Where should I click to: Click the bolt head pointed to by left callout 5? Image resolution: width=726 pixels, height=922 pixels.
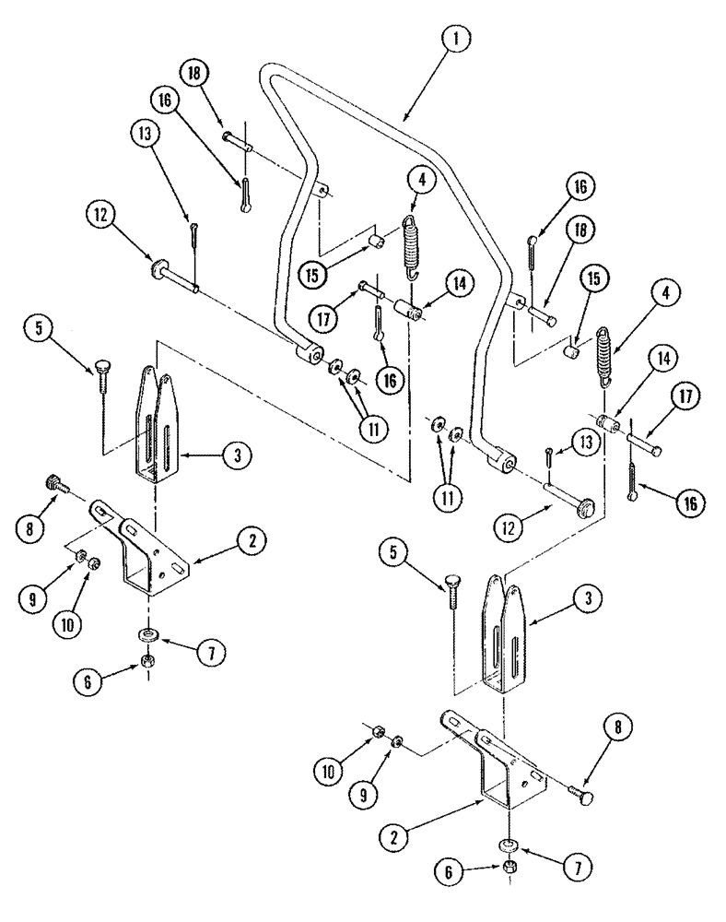pyautogui.click(x=96, y=370)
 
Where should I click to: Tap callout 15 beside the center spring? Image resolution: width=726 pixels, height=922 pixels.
pyautogui.click(x=317, y=274)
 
